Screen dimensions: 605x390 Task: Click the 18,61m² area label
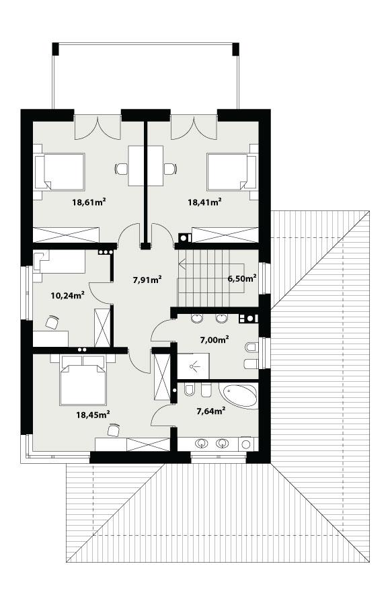point(91,201)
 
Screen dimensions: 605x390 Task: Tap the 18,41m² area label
point(204,201)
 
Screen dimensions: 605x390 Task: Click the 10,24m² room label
point(67,294)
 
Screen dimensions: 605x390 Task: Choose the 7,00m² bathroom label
point(213,339)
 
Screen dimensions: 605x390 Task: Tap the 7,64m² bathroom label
point(209,411)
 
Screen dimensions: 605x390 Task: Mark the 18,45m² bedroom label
point(93,415)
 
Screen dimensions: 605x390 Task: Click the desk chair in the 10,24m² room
point(51,323)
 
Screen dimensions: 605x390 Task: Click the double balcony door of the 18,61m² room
point(98,126)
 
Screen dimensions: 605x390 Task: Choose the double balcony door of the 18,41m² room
point(194,126)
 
